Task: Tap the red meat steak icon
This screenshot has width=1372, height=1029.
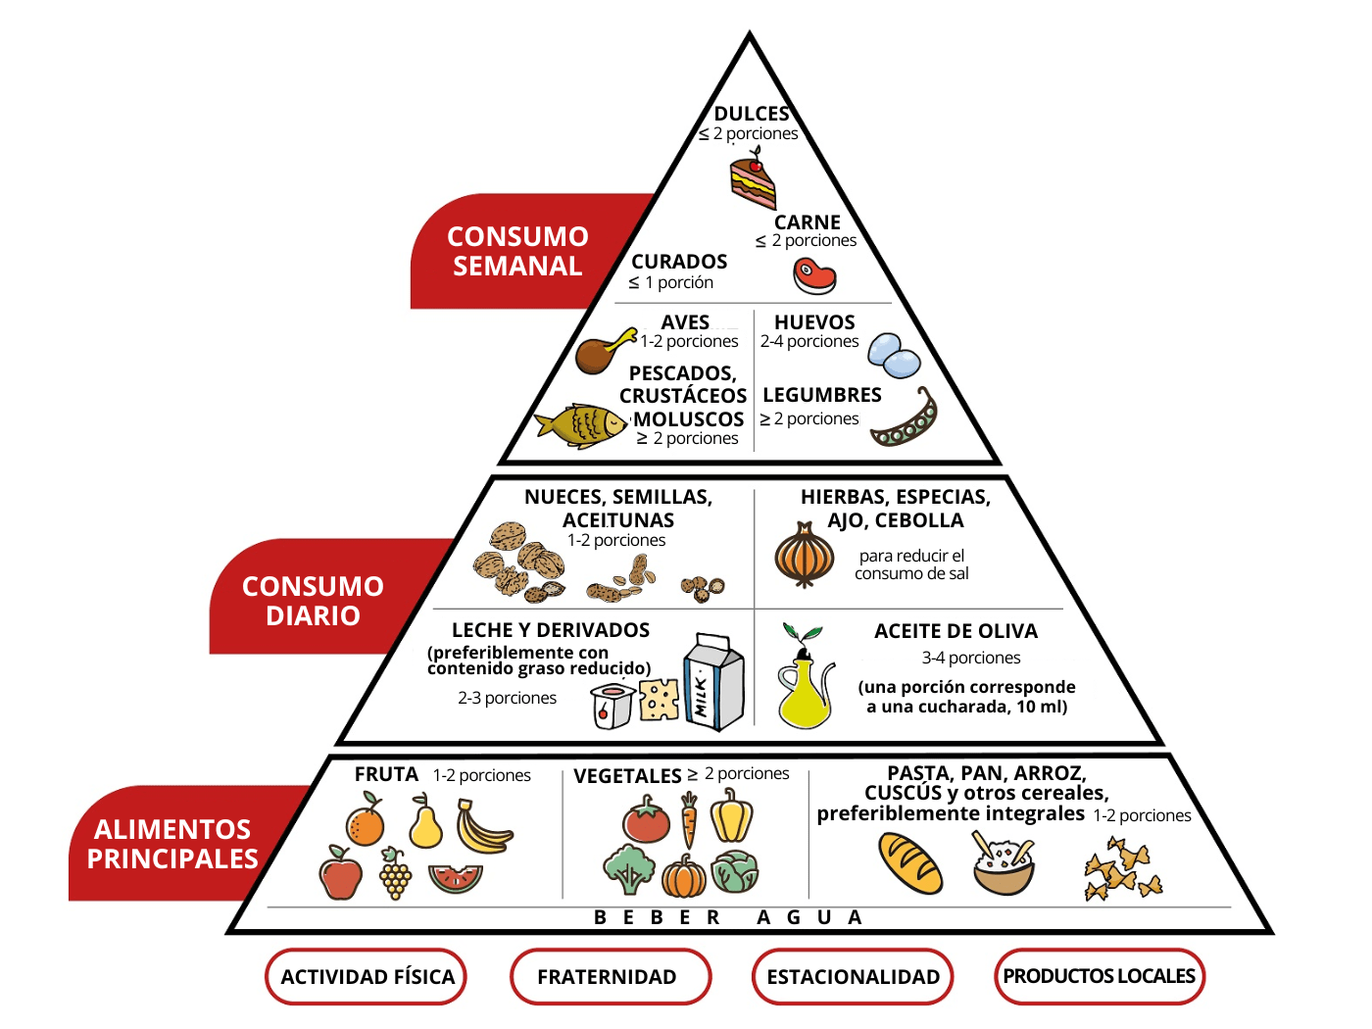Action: [813, 276]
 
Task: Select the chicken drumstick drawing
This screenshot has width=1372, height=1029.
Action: [603, 351]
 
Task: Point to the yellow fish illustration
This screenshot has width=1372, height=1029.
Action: [580, 426]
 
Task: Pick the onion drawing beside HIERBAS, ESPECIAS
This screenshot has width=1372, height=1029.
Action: [804, 555]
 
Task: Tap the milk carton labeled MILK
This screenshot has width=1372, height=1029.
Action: [713, 682]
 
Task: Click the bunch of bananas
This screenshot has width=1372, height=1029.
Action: [484, 826]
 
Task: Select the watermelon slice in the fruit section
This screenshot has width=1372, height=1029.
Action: [456, 878]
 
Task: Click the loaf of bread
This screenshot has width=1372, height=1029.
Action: [910, 863]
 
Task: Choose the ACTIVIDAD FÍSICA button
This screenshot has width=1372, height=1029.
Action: [367, 976]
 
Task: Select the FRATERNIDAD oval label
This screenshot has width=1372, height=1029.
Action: [611, 976]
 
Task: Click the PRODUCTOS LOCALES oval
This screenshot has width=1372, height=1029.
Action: [1100, 976]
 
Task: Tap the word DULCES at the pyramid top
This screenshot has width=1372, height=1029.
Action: [752, 114]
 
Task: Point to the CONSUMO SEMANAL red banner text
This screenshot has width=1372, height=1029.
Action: [517, 251]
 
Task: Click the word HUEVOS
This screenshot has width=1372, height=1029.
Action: [814, 322]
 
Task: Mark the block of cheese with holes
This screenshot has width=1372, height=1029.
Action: [659, 700]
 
